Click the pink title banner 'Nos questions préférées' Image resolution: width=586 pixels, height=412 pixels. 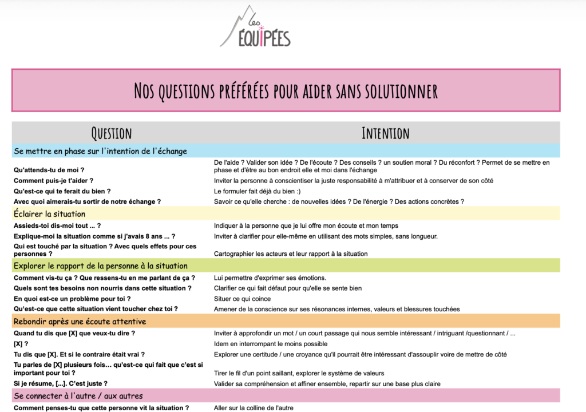(x=286, y=90)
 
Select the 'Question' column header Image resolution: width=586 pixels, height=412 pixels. (x=112, y=133)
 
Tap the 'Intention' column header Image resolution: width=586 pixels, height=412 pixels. (x=385, y=133)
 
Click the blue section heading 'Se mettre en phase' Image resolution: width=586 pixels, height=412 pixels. (x=100, y=151)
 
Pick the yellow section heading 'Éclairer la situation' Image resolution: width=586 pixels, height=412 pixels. (x=49, y=214)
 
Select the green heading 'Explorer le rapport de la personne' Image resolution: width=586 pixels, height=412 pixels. (x=100, y=266)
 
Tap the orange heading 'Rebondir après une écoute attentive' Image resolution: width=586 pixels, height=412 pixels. (x=80, y=321)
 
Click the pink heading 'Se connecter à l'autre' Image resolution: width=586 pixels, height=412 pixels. (x=78, y=395)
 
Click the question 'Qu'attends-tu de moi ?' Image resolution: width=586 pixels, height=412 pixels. (x=49, y=170)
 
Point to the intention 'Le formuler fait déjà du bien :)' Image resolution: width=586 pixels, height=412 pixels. (x=265, y=191)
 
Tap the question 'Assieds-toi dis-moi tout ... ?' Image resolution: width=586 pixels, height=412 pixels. (x=57, y=225)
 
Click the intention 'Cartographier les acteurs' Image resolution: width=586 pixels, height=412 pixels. (x=291, y=253)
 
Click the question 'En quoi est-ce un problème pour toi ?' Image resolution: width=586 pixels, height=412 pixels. (x=72, y=299)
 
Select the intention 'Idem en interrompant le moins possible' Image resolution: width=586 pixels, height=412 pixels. (x=271, y=344)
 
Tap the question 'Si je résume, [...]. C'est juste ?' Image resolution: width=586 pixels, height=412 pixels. (x=61, y=383)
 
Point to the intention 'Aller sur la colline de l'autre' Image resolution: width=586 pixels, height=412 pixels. (x=254, y=407)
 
